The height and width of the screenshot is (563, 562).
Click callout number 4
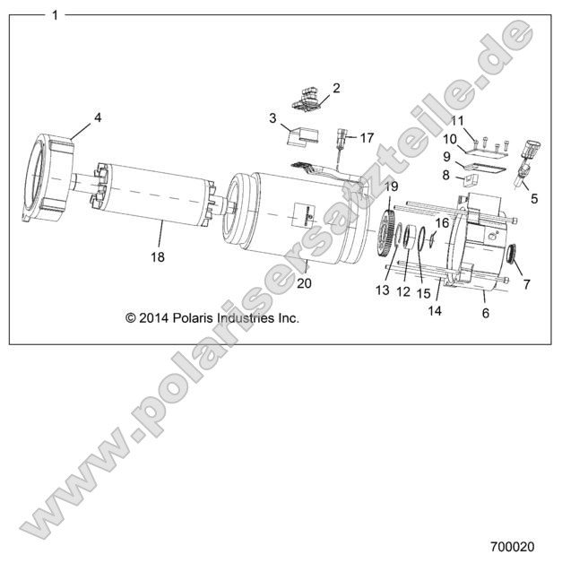[x=99, y=117]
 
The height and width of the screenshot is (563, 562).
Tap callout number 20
[x=304, y=284]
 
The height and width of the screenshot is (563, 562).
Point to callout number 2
[x=336, y=88]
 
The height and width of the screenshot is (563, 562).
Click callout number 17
[x=367, y=138]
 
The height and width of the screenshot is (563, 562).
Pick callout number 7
[x=526, y=285]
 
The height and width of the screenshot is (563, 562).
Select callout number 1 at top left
[x=56, y=15]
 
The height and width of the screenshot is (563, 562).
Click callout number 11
[x=456, y=121]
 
